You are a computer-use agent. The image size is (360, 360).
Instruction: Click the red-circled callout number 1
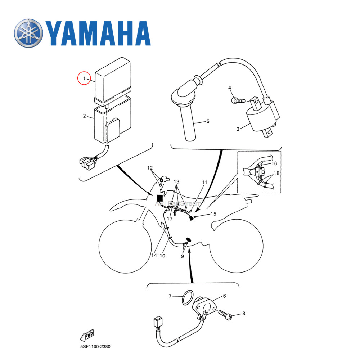pyautogui.click(x=84, y=78)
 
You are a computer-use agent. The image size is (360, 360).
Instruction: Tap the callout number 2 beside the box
pyautogui.click(x=84, y=116)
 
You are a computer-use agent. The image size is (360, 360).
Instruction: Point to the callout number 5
pyautogui.click(x=208, y=121)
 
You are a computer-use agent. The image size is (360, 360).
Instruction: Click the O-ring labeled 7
pyautogui.click(x=186, y=298)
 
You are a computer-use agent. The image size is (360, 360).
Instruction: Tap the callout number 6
pyautogui.click(x=224, y=296)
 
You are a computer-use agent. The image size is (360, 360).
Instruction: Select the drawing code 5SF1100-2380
pyautogui.click(x=95, y=347)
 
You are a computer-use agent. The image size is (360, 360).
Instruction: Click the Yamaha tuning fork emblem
pyautogui.click(x=28, y=33)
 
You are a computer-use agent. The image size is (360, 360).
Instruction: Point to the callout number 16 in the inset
pyautogui.click(x=274, y=163)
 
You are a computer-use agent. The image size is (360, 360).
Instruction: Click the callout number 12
pyautogui.click(x=150, y=168)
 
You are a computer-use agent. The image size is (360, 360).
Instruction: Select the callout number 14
pyautogui.click(x=154, y=256)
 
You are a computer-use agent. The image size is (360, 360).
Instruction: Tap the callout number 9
pyautogui.click(x=182, y=256)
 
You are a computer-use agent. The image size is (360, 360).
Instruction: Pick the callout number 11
pyautogui.click(x=204, y=183)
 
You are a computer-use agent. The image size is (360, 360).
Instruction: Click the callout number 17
pyautogui.click(x=170, y=219)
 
